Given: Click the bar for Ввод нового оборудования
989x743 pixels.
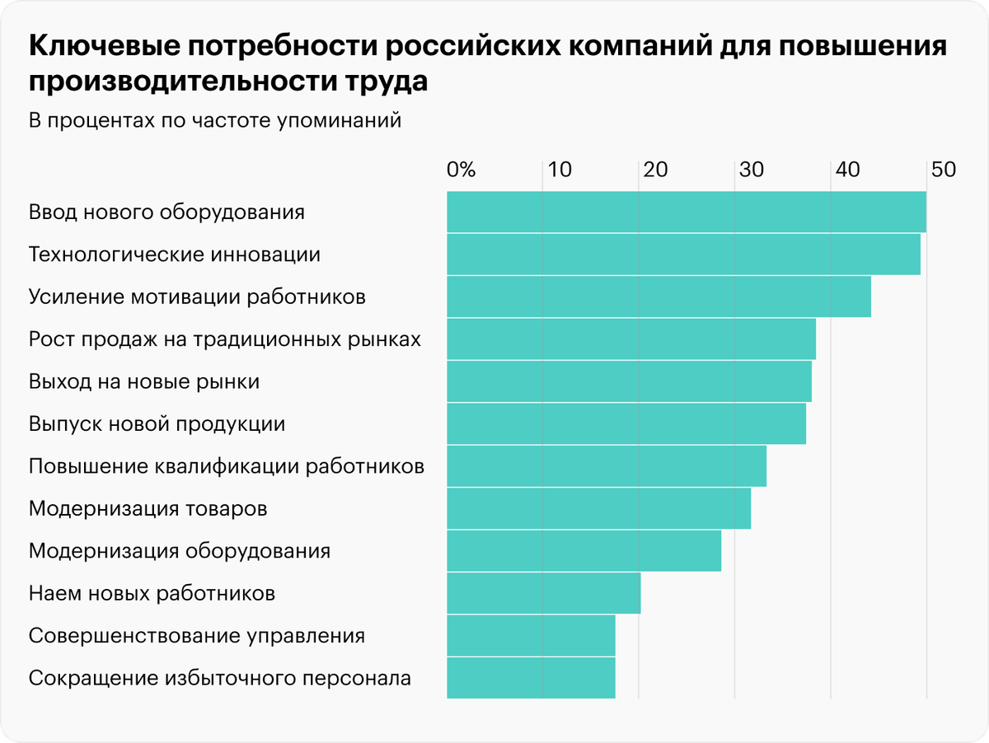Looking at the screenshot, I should [686, 213].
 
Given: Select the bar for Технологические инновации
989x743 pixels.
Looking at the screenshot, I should [683, 255].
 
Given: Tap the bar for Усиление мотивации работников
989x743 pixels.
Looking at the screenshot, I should [659, 297].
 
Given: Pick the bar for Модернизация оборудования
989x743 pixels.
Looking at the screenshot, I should [584, 551].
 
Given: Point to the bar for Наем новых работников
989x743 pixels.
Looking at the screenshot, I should [543, 593].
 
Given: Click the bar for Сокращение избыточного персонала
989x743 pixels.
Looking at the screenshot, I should [531, 678].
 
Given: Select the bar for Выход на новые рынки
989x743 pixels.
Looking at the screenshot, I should [629, 381].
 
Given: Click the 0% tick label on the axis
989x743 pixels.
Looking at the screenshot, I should [462, 171].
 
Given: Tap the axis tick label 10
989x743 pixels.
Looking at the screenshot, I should [560, 171].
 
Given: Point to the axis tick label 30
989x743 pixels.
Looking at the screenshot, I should [751, 171].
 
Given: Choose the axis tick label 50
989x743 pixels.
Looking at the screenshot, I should [943, 171].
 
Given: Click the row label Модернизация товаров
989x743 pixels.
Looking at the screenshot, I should [148, 508].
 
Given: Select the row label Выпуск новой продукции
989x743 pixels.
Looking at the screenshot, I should [157, 424].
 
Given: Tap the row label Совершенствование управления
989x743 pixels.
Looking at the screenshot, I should [196, 636].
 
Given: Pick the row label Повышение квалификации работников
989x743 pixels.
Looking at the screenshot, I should [226, 466].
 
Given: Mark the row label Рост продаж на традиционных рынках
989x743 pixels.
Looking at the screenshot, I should [224, 339].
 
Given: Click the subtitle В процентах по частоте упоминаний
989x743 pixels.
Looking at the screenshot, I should [214, 121].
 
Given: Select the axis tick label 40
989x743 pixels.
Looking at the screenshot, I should [846, 171].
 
